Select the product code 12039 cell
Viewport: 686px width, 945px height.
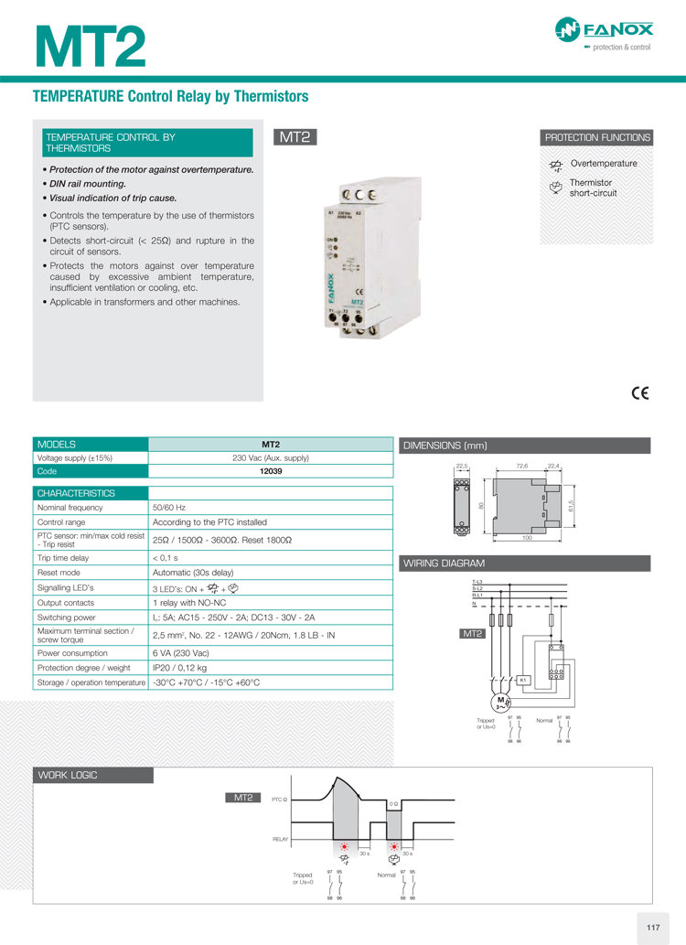tap(271, 471)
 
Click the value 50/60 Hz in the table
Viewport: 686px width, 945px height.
tap(169, 507)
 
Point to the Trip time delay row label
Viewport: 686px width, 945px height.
tap(63, 557)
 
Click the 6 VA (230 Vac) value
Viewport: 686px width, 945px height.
tap(180, 653)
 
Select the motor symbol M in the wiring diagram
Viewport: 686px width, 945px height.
tap(500, 702)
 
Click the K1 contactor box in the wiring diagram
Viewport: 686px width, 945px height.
tap(522, 680)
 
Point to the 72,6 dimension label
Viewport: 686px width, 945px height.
tap(522, 467)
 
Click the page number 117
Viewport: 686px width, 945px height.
tap(653, 929)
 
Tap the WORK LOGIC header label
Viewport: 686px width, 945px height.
tap(68, 776)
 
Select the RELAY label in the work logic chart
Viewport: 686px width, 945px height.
tap(280, 838)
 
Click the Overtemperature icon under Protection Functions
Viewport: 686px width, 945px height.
tap(555, 166)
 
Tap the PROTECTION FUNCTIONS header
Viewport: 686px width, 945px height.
tap(597, 137)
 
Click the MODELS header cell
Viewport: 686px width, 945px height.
tap(57, 444)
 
